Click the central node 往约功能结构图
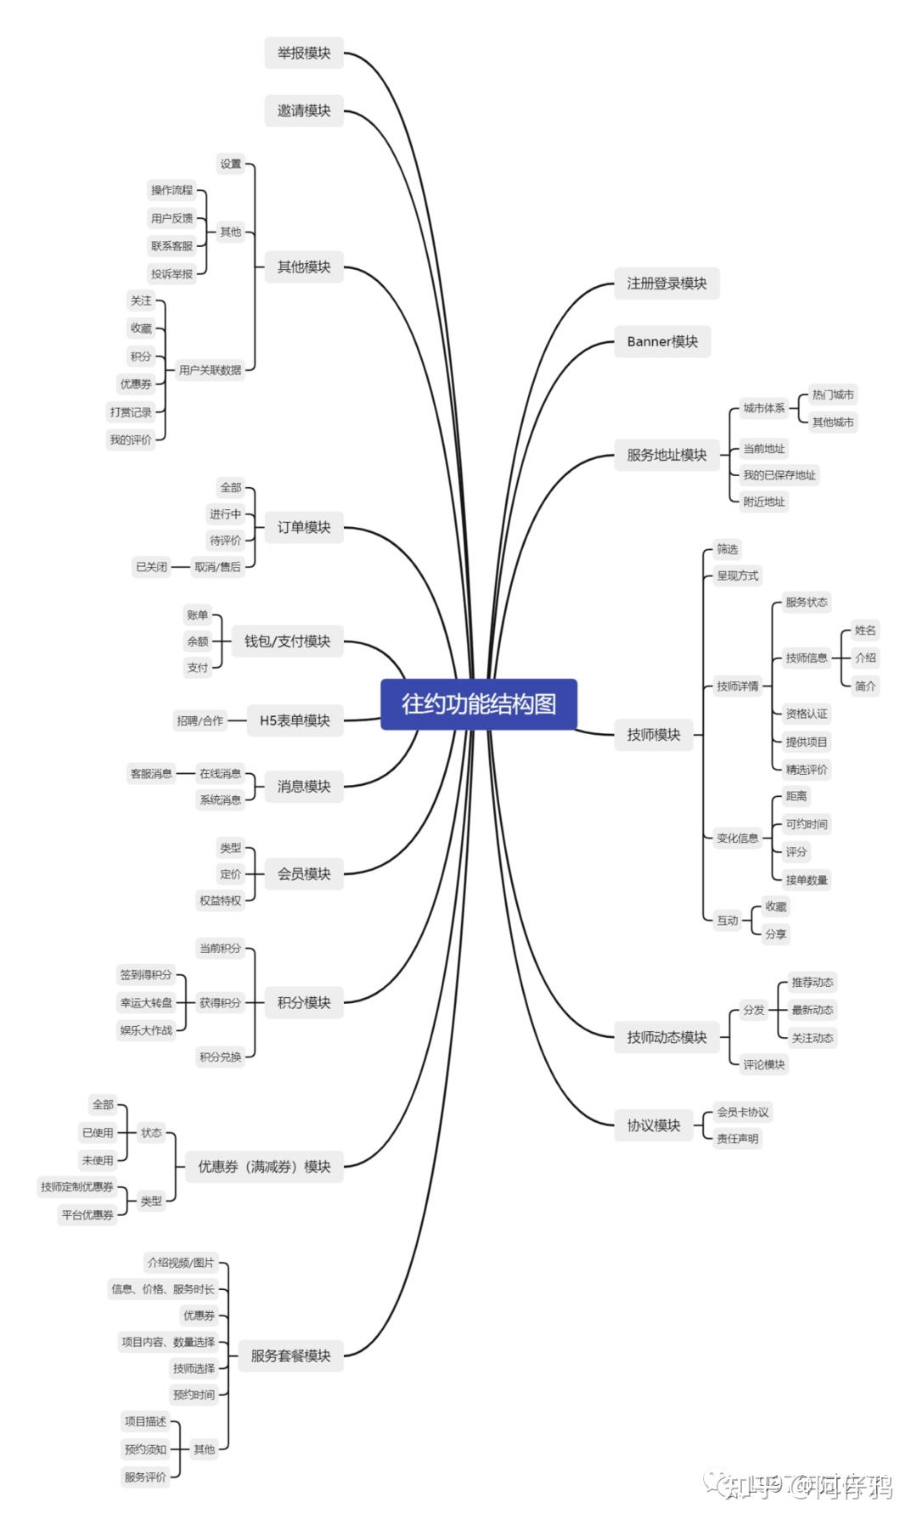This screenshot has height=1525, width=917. click(x=478, y=704)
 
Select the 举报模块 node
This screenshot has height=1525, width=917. click(x=304, y=53)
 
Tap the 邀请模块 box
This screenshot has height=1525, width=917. click(x=304, y=110)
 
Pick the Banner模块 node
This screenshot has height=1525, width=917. click(x=662, y=342)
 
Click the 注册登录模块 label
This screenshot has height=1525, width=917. click(x=667, y=283)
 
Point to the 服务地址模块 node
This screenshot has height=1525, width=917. click(x=667, y=455)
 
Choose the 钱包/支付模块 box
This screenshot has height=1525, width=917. click(x=287, y=642)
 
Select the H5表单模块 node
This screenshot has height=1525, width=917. click(x=295, y=720)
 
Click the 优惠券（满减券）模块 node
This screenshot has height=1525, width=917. click(x=264, y=1167)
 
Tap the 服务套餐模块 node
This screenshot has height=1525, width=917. click(x=290, y=1356)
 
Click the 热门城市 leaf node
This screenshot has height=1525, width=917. click(x=833, y=395)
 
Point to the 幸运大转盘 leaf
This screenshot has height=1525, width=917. click(x=146, y=1003)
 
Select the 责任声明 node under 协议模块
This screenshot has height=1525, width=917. click(x=737, y=1139)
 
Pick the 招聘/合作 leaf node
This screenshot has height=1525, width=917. click(x=200, y=720)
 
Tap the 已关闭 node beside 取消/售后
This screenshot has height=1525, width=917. click(x=152, y=567)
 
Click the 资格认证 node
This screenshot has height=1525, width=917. click(x=806, y=714)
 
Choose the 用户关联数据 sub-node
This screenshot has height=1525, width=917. click(x=210, y=370)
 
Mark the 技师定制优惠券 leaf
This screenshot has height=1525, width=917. click(x=77, y=1187)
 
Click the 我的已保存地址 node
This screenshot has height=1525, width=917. click(x=779, y=475)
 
